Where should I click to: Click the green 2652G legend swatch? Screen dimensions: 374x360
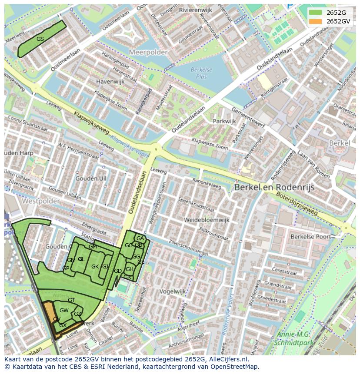(x=316, y=13)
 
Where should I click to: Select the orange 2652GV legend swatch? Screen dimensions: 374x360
(x=316, y=21)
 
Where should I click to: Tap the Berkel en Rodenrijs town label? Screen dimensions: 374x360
(x=274, y=187)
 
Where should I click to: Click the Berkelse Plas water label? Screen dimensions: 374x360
(x=201, y=73)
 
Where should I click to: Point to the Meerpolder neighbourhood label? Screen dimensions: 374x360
(x=148, y=52)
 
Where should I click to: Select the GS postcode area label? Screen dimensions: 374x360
(x=40, y=39)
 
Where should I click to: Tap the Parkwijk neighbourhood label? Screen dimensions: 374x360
(x=224, y=121)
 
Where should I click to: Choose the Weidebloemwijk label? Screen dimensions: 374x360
(x=206, y=220)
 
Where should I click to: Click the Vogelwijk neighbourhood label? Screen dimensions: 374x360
(x=172, y=291)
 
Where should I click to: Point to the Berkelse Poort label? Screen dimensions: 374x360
(x=310, y=237)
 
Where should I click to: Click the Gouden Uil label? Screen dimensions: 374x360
(x=90, y=179)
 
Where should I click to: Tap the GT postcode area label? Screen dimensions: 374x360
(x=71, y=300)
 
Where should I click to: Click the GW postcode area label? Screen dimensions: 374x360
(x=64, y=310)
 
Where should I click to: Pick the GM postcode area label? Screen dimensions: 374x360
(x=93, y=247)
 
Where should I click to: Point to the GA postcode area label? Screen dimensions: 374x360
(x=140, y=238)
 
